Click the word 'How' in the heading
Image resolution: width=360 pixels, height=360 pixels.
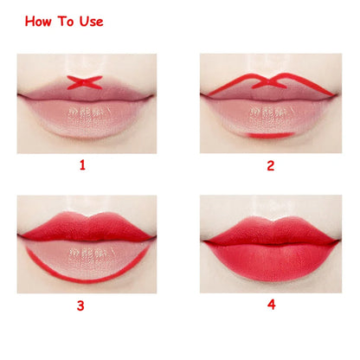tap(40, 22)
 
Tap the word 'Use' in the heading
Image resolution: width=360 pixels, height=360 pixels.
tap(88, 22)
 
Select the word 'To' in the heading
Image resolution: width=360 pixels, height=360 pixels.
tap(64, 22)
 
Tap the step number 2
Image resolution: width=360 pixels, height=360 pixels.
tap(270, 164)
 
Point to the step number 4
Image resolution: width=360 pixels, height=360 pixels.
tap(271, 305)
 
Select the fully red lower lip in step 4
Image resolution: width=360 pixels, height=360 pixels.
tap(270, 260)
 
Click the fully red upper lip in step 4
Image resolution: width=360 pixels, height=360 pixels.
tap(270, 231)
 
